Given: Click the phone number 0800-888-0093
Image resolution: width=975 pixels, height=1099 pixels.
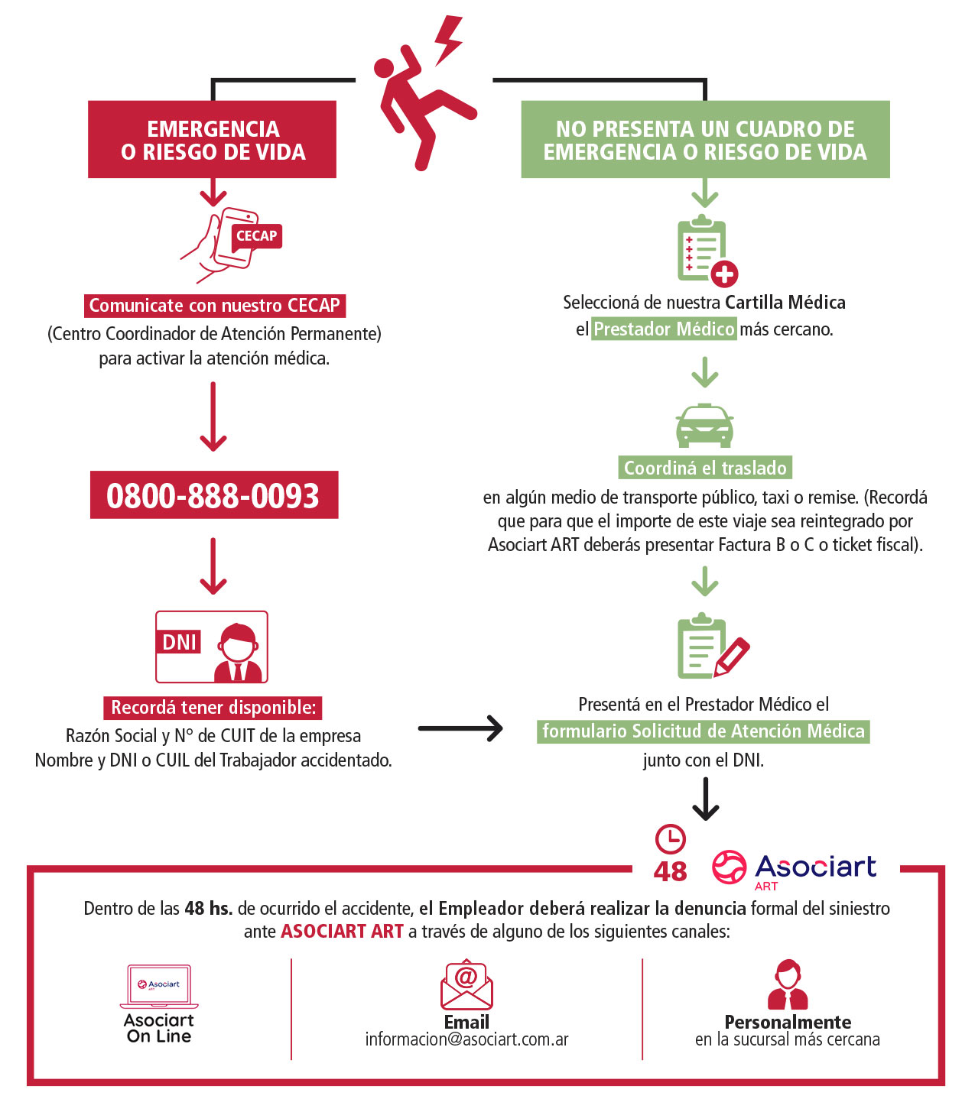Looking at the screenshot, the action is coord(213,495).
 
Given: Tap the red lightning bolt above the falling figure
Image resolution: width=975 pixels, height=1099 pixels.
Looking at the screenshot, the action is coord(448,40).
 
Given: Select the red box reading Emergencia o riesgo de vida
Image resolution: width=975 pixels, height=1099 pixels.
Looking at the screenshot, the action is coord(213,139).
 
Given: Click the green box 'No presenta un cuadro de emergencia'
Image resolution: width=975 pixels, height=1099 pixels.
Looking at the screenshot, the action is coord(704,139).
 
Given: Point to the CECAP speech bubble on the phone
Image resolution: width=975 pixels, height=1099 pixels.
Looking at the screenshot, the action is coord(257,236).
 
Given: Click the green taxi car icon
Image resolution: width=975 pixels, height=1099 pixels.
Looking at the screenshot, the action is coord(704,426).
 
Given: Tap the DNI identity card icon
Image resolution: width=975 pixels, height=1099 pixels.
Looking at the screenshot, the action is coord(212,646).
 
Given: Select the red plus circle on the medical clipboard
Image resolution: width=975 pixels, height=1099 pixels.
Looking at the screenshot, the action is coord(724,274).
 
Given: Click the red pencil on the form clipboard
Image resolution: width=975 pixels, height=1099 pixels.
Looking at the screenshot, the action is coord(732,656).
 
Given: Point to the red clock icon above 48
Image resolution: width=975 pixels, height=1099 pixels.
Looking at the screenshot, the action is coord(671,839).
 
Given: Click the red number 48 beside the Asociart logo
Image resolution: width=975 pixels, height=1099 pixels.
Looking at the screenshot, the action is coord(670,872).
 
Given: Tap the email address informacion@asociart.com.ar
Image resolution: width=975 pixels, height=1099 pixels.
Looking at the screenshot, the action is coord(466,1039).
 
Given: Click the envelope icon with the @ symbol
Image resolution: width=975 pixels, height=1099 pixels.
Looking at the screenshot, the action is coord(466,984).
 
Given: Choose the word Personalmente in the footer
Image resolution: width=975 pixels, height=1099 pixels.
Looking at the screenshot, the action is coord(788,1022).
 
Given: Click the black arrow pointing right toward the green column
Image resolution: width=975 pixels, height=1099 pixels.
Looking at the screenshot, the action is coord(460,728).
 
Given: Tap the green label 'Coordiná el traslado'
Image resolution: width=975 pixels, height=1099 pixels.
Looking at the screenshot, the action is coord(705,468).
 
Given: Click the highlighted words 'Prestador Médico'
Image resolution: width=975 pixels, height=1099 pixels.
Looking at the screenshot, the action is coord(664,329).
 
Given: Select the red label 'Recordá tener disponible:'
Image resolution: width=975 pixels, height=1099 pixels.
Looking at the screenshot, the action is coord(213,708).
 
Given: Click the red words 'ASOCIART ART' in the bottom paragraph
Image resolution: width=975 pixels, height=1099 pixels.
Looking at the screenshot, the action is coord(342,931).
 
